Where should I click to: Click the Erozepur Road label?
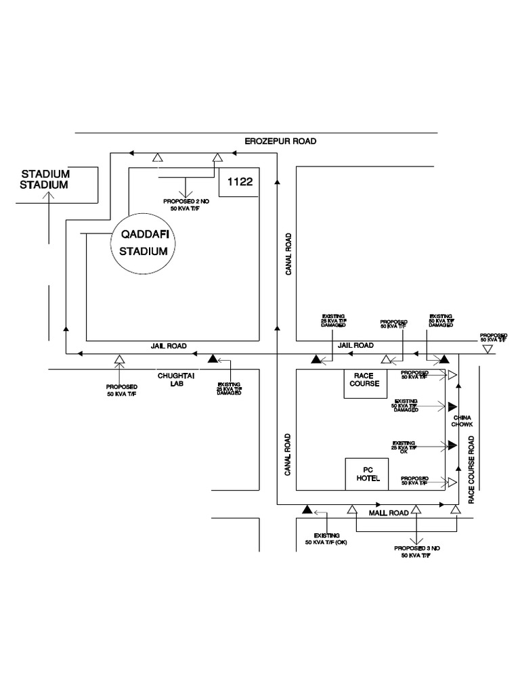point(280,141)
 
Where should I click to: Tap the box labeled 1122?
point(240,182)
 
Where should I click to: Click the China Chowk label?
point(462,421)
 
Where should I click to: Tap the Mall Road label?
point(388,513)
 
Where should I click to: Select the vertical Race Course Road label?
point(472,469)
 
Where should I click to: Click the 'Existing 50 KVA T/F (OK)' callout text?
point(326,539)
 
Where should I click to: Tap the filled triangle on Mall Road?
point(307,510)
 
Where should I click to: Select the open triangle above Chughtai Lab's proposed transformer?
point(120,359)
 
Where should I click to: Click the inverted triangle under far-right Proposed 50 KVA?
point(487,349)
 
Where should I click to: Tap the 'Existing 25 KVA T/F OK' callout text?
point(405,447)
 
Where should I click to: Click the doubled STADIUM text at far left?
point(45,179)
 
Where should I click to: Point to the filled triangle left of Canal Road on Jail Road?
point(213,359)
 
